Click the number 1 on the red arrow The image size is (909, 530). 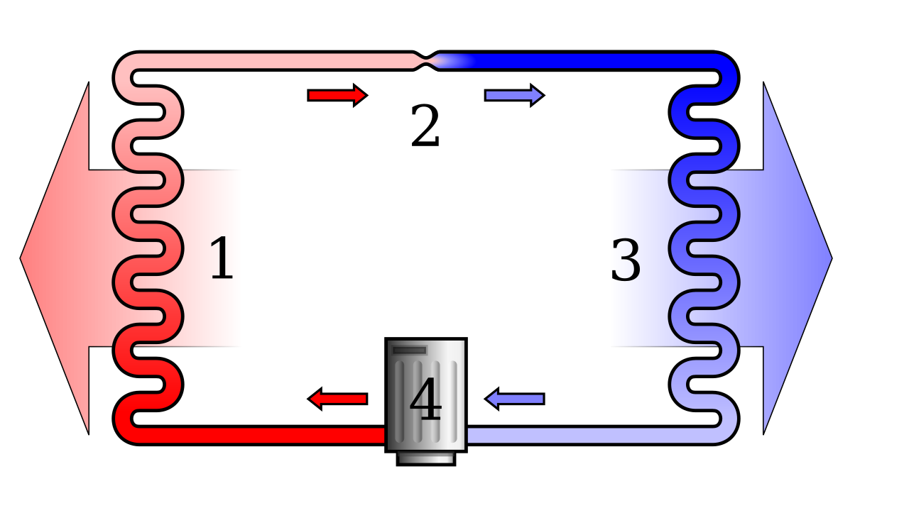pyautogui.click(x=222, y=259)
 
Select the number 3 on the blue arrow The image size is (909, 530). pyautogui.click(x=626, y=260)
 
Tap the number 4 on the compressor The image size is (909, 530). pyautogui.click(x=425, y=400)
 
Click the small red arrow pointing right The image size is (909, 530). pyautogui.click(x=337, y=95)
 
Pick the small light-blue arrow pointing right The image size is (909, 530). pyautogui.click(x=513, y=95)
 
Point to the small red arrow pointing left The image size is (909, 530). pyautogui.click(x=338, y=399)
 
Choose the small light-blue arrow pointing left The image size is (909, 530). pyautogui.click(x=515, y=399)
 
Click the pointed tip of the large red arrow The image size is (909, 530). pyautogui.click(x=23, y=258)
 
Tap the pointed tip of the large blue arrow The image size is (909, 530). pyautogui.click(x=829, y=258)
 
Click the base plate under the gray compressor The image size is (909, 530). pyautogui.click(x=425, y=458)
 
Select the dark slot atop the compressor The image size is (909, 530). pyautogui.click(x=410, y=350)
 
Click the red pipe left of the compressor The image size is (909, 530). pyautogui.click(x=284, y=435)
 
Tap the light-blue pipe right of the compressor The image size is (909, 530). pyautogui.click(x=568, y=435)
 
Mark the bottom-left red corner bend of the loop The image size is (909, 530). pyautogui.click(x=127, y=430)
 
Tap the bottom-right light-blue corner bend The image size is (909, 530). pyautogui.click(x=725, y=430)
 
